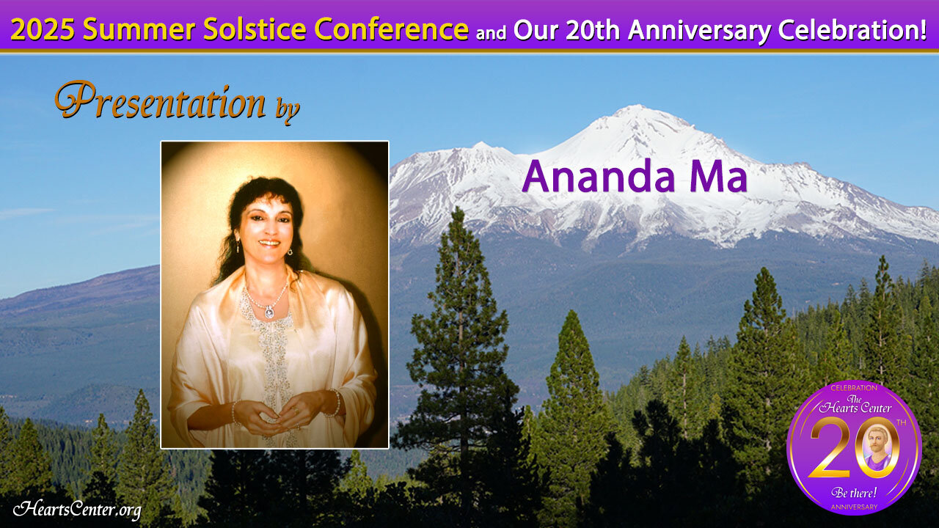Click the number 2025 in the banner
pos(43,29)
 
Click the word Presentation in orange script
pos(161,101)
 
